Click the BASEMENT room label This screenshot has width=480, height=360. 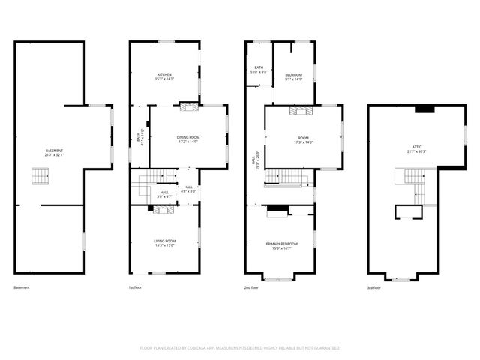pos(54,153)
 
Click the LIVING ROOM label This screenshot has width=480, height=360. pos(164,242)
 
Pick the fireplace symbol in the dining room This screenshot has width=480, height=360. pos(193,106)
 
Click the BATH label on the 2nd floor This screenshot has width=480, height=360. pos(259,69)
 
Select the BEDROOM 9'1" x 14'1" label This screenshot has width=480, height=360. pos(293,76)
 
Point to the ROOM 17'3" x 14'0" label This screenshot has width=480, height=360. pos(304,139)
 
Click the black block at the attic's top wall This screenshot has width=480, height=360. pos(424,109)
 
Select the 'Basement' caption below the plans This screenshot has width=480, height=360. pos(22,287)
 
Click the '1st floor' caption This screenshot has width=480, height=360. pos(136,287)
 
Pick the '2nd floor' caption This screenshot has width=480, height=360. pos(252,287)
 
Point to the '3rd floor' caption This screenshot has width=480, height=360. pos(374,287)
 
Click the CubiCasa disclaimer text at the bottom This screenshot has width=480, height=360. pos(240,348)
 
